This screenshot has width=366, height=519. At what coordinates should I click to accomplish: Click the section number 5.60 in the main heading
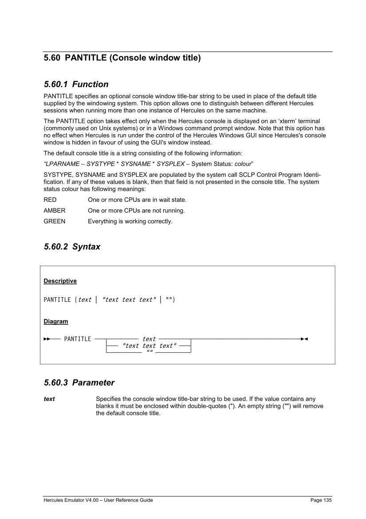52,58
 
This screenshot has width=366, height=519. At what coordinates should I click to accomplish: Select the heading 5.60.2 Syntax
71,247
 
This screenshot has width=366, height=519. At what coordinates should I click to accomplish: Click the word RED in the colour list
50,200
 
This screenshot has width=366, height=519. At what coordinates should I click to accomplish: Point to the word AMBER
54,211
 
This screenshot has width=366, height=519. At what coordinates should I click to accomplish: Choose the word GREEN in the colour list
54,221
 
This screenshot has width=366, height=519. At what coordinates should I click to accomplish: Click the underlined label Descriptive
60,281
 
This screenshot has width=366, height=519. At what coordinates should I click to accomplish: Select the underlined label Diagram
56,320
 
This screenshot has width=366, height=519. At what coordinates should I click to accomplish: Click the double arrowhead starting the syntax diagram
47,339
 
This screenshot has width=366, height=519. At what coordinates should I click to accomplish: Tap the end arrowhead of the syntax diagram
304,339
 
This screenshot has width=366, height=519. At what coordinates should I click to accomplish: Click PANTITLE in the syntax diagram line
78,339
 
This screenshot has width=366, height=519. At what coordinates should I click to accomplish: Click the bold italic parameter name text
49,399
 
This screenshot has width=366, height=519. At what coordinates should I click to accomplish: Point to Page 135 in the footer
321,500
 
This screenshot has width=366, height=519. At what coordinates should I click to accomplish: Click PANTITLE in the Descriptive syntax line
57,300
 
